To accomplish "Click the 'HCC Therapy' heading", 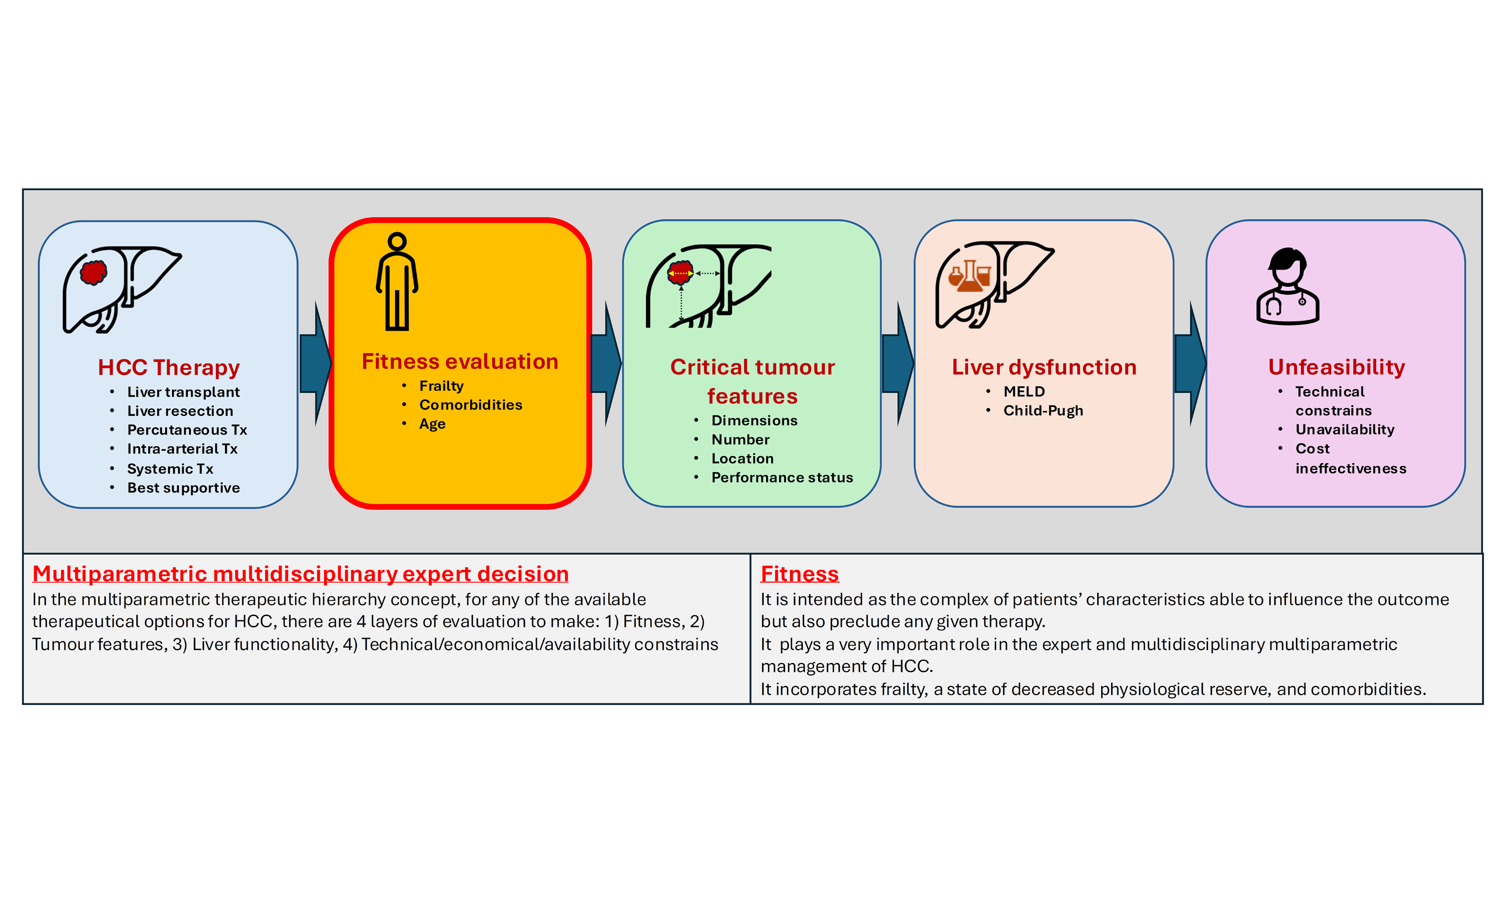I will [x=169, y=367].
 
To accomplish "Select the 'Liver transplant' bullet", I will [x=183, y=392].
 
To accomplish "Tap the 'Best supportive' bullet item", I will [x=183, y=488].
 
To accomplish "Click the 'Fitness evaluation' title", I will [x=460, y=361].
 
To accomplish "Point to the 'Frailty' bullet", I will [x=441, y=386].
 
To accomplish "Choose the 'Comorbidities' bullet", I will [x=470, y=405].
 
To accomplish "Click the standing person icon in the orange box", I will [x=397, y=281].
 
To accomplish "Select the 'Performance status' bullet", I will [x=782, y=478].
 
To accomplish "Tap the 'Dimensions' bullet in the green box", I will [x=754, y=420].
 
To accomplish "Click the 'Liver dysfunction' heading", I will [x=1044, y=367].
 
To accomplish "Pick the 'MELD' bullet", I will [x=1024, y=391].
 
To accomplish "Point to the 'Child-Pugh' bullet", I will [x=1043, y=411].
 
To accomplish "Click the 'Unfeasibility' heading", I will [x=1336, y=367].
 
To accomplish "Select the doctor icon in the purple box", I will [x=1288, y=286].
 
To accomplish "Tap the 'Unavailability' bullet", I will [x=1344, y=429].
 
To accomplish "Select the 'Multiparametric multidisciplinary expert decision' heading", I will [x=300, y=574].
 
